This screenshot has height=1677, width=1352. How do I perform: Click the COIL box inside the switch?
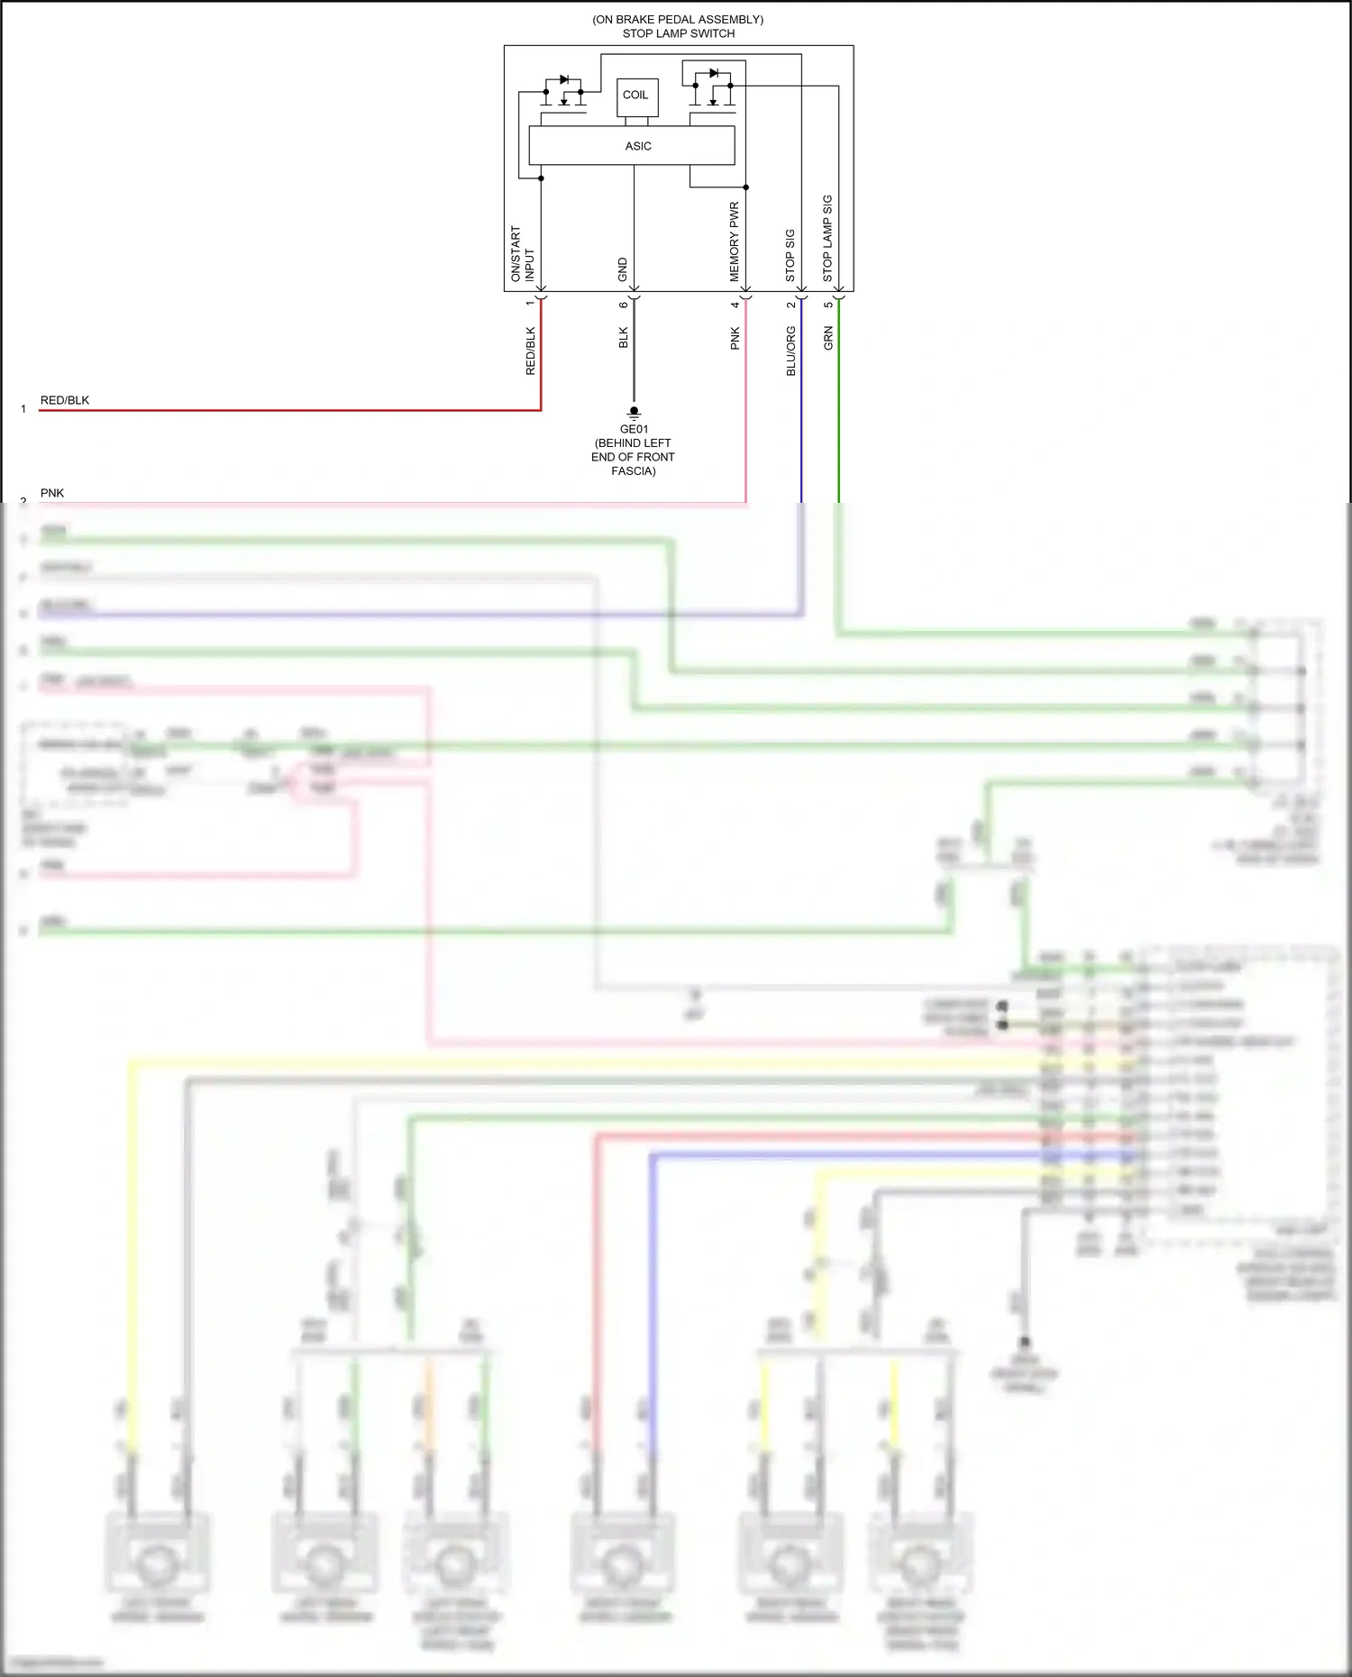coord(636,96)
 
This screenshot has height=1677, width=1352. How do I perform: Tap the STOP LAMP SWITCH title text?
coord(678,33)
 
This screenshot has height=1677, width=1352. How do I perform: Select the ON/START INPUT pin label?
coord(523,253)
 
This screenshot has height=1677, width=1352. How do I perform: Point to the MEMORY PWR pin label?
coord(735,241)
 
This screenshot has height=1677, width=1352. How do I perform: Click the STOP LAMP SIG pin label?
coord(827,238)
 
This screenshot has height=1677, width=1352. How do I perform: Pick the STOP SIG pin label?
coord(790,255)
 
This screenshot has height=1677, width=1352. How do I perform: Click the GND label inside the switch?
coord(623,269)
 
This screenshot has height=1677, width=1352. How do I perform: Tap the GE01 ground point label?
coord(634,429)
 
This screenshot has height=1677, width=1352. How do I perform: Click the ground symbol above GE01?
coord(634,413)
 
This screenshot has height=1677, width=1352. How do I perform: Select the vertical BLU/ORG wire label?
coord(791,351)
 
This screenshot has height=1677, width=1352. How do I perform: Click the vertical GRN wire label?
coord(828,338)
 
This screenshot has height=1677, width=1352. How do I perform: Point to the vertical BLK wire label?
coord(624,338)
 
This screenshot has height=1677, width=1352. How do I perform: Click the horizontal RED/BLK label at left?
coord(65,400)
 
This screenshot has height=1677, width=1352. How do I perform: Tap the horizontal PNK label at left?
coord(52,493)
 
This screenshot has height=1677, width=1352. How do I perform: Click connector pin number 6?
coord(624,305)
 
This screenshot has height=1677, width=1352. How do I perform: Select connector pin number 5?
coord(828,305)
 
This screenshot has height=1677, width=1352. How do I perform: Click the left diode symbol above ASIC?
coord(564,80)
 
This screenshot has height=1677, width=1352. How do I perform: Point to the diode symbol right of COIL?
coord(714,73)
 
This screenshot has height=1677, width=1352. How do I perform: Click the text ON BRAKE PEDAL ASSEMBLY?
coord(678,20)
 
